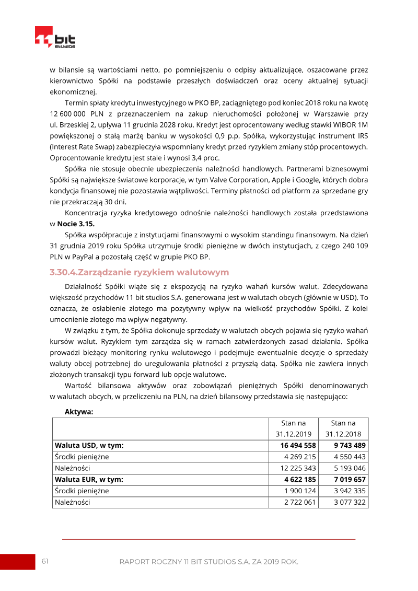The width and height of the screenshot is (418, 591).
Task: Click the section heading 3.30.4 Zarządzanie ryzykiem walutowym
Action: click(139, 272)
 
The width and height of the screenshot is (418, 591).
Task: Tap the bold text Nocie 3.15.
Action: click(76, 224)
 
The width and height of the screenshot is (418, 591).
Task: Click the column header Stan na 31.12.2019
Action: click(293, 428)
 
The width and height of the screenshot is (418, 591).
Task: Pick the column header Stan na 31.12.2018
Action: click(343, 428)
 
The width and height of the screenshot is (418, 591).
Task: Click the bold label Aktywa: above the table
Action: click(79, 412)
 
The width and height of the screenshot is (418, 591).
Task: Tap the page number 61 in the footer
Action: click(45, 561)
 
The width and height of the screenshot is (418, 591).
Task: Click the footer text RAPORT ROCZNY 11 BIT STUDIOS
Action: click(208, 562)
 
